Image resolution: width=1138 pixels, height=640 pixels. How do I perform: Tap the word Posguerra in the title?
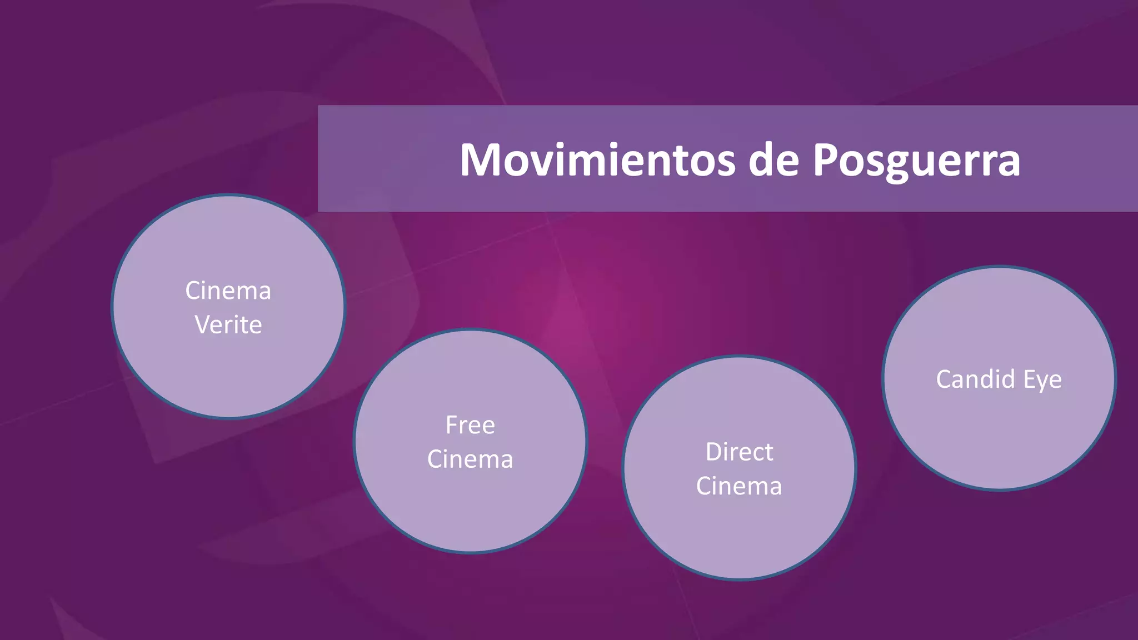tap(916, 161)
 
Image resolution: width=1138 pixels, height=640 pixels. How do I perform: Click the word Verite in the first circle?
tap(228, 325)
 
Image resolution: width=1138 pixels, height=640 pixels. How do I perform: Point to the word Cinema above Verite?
tap(228, 291)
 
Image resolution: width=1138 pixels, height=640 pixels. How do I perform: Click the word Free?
tap(470, 425)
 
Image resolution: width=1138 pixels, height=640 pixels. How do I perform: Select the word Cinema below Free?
tap(470, 459)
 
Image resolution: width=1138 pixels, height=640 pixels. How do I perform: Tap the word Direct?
tap(739, 452)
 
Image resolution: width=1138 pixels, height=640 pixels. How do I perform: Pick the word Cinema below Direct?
tap(739, 486)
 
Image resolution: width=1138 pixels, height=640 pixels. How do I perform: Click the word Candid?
tap(976, 379)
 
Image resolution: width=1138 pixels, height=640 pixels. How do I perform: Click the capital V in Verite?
tap(203, 325)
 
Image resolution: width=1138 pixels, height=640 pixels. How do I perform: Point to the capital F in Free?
tap(452, 425)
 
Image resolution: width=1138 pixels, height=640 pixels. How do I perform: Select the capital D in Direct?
tap(714, 452)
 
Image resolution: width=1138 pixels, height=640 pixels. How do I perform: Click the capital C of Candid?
tap(945, 379)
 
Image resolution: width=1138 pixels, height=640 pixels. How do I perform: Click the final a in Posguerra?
tap(1008, 164)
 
